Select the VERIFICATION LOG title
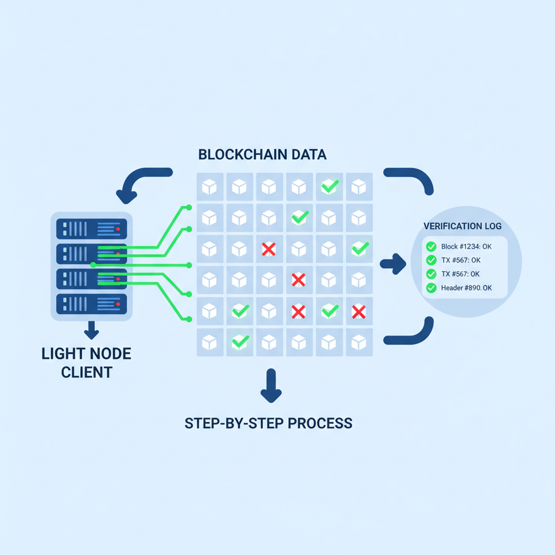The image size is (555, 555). [x=462, y=226]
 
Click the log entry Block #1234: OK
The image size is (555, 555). [x=466, y=247]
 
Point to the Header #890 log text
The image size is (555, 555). [x=466, y=288]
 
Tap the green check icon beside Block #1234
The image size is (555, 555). [x=431, y=247]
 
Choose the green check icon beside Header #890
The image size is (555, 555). [x=431, y=288]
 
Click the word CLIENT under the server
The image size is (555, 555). [x=87, y=372]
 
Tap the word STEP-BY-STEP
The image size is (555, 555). [x=234, y=423]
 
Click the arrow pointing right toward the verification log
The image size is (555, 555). [x=393, y=264]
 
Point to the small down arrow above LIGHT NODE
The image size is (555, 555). [x=91, y=330]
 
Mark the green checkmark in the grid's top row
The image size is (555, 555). [x=329, y=187]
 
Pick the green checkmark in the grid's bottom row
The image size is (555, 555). [x=240, y=341]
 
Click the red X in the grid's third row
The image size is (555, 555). [x=269, y=249]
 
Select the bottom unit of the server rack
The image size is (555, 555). [x=91, y=304]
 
